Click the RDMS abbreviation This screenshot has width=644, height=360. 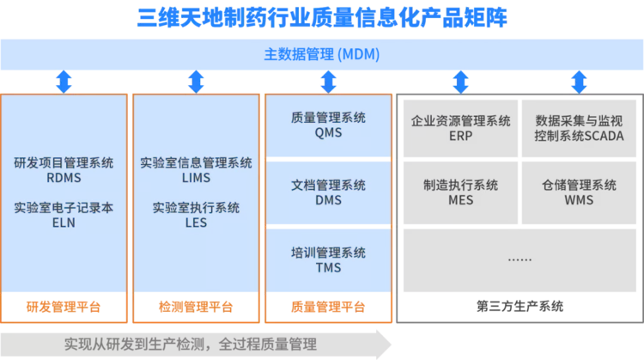pyautogui.click(x=64, y=178)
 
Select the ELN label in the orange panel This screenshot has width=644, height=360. pyautogui.click(x=64, y=223)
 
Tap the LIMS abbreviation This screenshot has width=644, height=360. pyautogui.click(x=196, y=178)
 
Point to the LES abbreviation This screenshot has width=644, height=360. pyautogui.click(x=196, y=223)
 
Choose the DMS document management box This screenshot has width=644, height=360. pyautogui.click(x=328, y=192)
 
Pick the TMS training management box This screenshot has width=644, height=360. pyautogui.click(x=328, y=259)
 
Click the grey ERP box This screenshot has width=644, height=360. pyautogui.click(x=460, y=128)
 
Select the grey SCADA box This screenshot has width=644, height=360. pyautogui.click(x=579, y=128)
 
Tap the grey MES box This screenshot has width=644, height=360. pyautogui.click(x=460, y=192)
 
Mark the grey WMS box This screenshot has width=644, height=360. pyautogui.click(x=579, y=192)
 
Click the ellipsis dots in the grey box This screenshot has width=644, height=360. pyautogui.click(x=519, y=259)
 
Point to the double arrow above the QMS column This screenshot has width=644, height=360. pyautogui.click(x=328, y=82)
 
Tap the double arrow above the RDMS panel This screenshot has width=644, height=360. pyautogui.click(x=64, y=82)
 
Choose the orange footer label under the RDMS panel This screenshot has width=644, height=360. pyautogui.click(x=64, y=307)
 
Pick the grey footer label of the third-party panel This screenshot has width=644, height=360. pyautogui.click(x=519, y=307)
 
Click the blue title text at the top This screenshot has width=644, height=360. pyautogui.click(x=322, y=17)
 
